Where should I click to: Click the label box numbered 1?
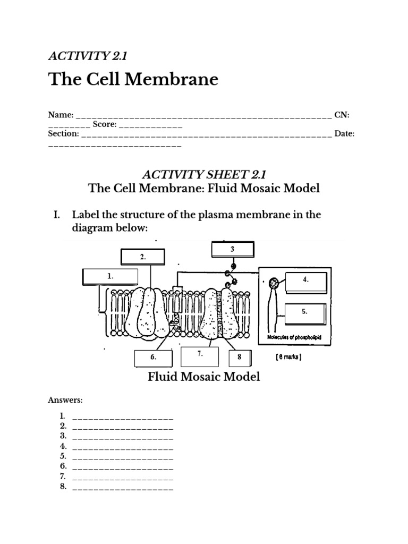(x=110, y=276)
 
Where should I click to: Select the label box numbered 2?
(x=142, y=257)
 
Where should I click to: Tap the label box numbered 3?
(x=232, y=249)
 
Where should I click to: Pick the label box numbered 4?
(x=305, y=282)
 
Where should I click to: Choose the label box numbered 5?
(x=305, y=313)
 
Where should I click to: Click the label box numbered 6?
(x=154, y=358)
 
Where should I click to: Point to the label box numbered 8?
(x=240, y=358)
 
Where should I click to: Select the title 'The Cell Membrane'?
(x=133, y=79)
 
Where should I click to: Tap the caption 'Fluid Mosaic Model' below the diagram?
(x=203, y=377)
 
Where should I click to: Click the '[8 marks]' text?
(x=288, y=358)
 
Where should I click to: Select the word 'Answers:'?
(x=65, y=399)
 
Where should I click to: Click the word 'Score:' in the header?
(x=104, y=124)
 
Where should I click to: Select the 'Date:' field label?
(x=344, y=134)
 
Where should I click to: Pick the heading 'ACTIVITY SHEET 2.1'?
(x=203, y=174)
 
